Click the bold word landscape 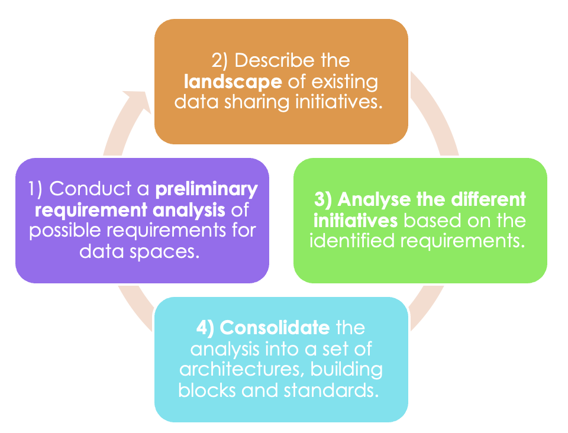[233, 82]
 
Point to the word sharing [257, 102]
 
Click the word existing [345, 82]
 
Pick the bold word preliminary [206, 189]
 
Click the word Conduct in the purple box [91, 189]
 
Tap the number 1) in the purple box [35, 189]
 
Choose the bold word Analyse [374, 200]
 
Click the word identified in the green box [352, 241]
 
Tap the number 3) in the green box [323, 200]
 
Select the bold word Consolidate [275, 328]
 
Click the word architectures [242, 370]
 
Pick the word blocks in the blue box [207, 390]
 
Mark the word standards [331, 390]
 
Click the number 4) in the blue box [205, 328]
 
